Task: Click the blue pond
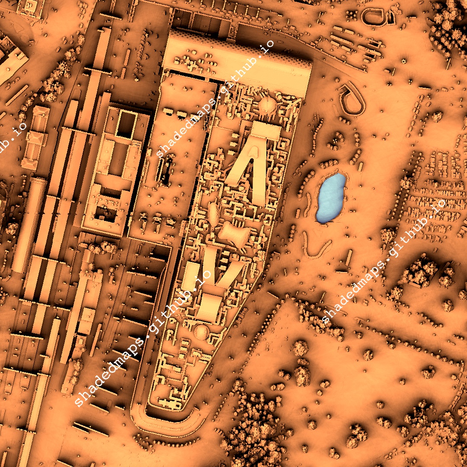pyautogui.click(x=331, y=198)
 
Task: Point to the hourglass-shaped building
pyautogui.click(x=234, y=236)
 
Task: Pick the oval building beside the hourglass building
pyautogui.click(x=214, y=214)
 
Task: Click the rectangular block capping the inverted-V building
pyautogui.click(x=265, y=130)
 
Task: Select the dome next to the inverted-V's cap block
pyautogui.click(x=267, y=105)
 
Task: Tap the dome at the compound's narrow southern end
pyautogui.click(x=201, y=332)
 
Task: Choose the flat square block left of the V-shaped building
pyautogui.click(x=189, y=276)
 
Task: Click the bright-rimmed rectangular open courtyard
pyautogui.click(x=126, y=125)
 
